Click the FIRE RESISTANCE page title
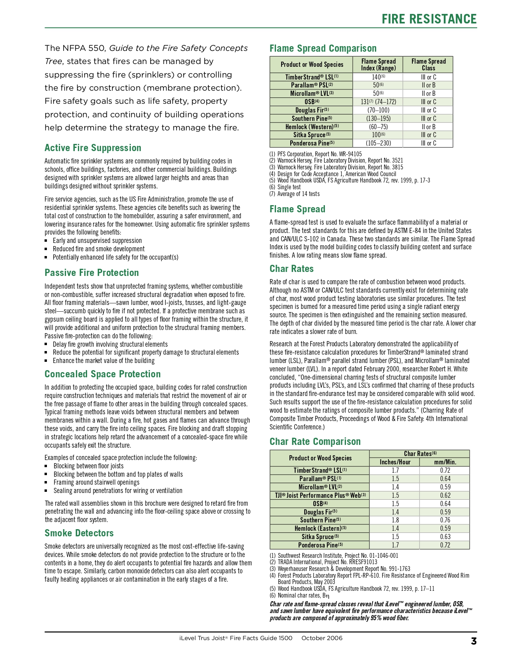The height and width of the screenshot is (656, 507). point(429,19)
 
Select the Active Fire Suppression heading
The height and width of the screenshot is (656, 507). point(93,148)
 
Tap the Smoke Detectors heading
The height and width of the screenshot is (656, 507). point(79,533)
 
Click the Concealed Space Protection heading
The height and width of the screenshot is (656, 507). point(103,374)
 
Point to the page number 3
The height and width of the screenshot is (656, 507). point(473,641)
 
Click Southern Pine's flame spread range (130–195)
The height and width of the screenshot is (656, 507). point(378,118)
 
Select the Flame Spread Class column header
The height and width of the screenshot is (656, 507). point(428,64)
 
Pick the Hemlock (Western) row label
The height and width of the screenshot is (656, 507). point(311,127)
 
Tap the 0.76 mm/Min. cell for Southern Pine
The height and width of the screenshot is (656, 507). point(445,520)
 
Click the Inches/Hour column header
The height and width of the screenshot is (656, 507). point(394,462)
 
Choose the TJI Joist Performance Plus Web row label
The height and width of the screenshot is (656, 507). point(320,495)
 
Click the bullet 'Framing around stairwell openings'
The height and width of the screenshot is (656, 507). point(96,482)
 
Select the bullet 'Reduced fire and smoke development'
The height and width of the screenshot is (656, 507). point(99,249)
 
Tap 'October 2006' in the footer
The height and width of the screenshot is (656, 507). point(321,638)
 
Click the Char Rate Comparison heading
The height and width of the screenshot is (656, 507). point(315,442)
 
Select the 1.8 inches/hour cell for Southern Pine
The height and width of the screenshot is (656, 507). point(394,520)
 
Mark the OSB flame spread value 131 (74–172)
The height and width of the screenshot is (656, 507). point(378,102)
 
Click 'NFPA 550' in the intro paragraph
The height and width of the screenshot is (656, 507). point(75,48)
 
